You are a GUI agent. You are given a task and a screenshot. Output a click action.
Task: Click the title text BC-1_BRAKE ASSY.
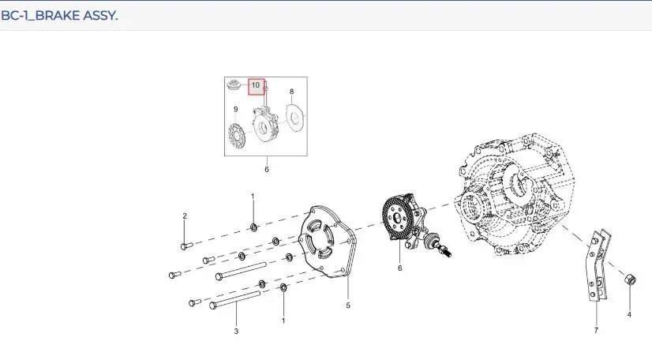(x=59, y=15)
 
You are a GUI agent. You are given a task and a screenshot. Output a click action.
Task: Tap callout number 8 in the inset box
(x=291, y=92)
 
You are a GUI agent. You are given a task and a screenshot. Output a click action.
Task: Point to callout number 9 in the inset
(x=236, y=109)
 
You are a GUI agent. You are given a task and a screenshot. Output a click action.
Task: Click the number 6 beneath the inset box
(x=267, y=169)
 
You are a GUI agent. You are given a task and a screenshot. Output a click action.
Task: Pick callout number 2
(x=185, y=216)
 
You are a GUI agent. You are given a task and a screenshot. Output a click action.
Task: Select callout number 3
(x=236, y=332)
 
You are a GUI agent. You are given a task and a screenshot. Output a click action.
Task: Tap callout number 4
(x=629, y=315)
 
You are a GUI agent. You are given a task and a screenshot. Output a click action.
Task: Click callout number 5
(x=348, y=306)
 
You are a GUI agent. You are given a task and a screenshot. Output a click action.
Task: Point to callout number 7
(x=596, y=331)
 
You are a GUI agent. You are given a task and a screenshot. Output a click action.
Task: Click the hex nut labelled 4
(x=631, y=279)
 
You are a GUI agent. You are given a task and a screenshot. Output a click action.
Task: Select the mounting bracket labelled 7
(x=599, y=266)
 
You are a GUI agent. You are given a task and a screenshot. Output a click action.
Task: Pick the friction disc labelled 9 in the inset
(x=237, y=135)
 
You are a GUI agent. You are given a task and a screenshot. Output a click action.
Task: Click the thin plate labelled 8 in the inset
(x=296, y=118)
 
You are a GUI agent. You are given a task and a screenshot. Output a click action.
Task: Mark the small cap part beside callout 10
(x=234, y=84)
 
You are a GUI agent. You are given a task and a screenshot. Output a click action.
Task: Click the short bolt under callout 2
(x=185, y=246)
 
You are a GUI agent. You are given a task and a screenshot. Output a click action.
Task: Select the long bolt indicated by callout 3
(x=236, y=300)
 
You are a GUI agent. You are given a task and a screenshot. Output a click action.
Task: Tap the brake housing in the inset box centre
(x=264, y=125)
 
